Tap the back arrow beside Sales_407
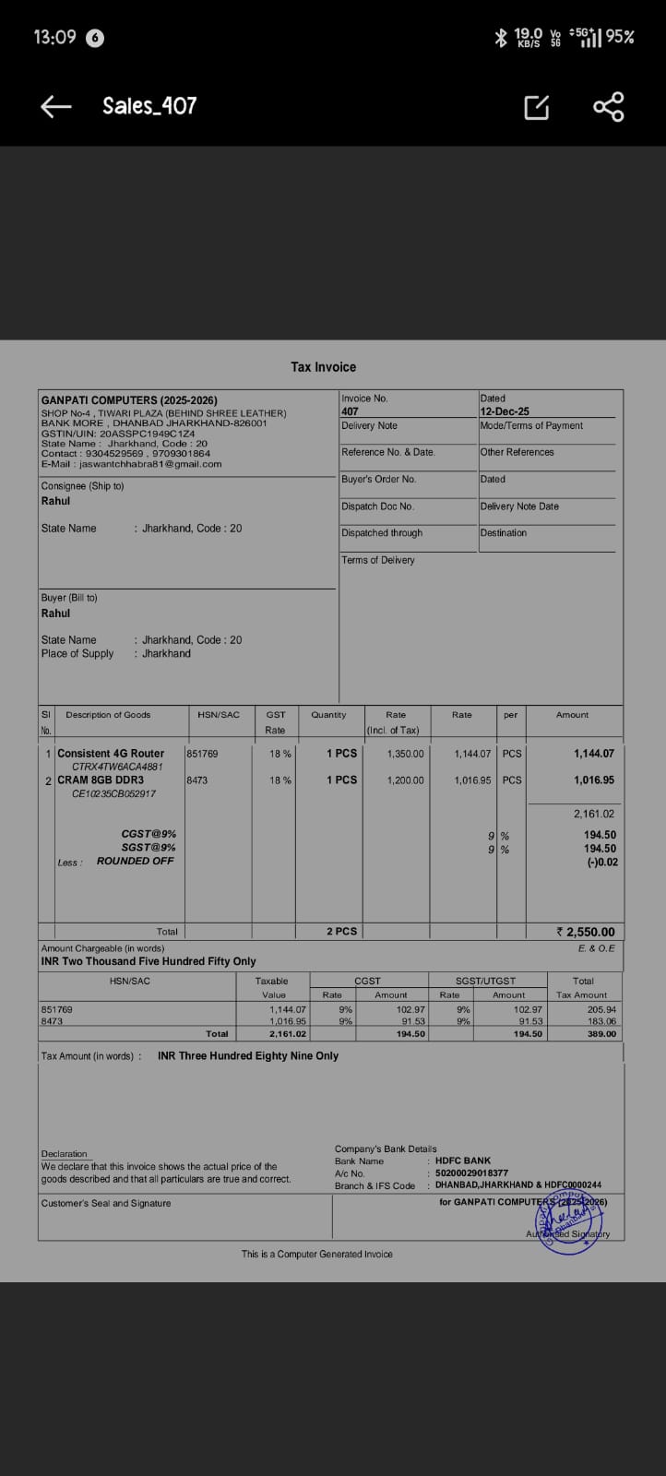(56, 107)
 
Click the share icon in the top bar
(608, 107)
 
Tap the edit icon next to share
(536, 107)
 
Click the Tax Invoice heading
(323, 367)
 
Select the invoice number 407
(350, 411)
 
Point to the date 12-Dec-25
(505, 411)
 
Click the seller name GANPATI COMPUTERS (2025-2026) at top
(129, 400)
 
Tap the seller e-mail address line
(131, 464)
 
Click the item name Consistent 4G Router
(111, 754)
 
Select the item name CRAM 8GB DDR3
(101, 780)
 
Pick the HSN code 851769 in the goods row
(202, 754)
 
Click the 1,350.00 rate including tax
(405, 754)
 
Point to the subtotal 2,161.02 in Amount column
(593, 814)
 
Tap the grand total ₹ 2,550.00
(586, 932)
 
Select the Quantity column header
(328, 715)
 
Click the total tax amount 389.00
(601, 1034)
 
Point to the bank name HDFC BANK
(463, 1161)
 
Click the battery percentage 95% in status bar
(620, 37)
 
